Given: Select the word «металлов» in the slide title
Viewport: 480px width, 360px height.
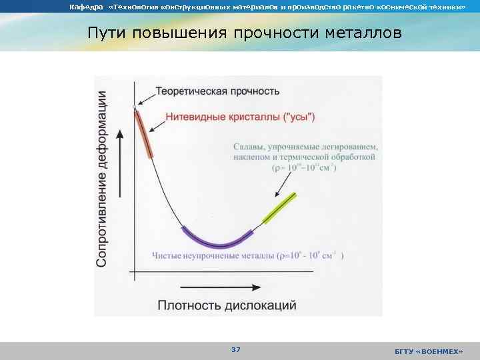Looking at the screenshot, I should (x=365, y=33).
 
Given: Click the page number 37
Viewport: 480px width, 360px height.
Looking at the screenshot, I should (x=236, y=350).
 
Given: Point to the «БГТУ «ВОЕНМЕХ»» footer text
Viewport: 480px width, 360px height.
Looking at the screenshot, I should (x=429, y=351).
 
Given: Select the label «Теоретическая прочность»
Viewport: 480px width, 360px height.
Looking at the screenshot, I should (x=217, y=91).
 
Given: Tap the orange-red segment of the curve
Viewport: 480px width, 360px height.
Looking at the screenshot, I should (x=144, y=133).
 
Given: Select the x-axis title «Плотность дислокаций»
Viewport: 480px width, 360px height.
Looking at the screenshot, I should (x=227, y=306).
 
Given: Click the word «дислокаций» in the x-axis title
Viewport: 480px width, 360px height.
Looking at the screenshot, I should (x=262, y=306).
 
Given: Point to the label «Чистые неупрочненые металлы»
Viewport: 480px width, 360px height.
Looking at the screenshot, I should (x=213, y=255).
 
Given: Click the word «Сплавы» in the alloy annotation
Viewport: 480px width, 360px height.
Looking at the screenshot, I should (x=249, y=147).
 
